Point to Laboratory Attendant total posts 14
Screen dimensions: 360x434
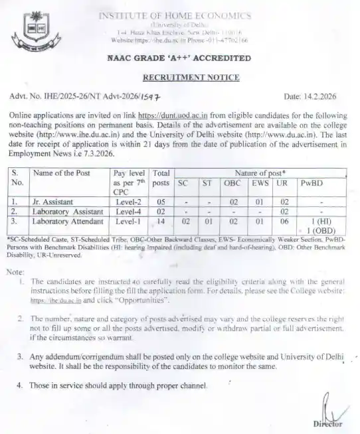click(159, 221)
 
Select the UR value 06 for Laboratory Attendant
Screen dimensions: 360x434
click(283, 221)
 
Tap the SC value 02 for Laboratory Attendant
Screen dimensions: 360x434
click(185, 221)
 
